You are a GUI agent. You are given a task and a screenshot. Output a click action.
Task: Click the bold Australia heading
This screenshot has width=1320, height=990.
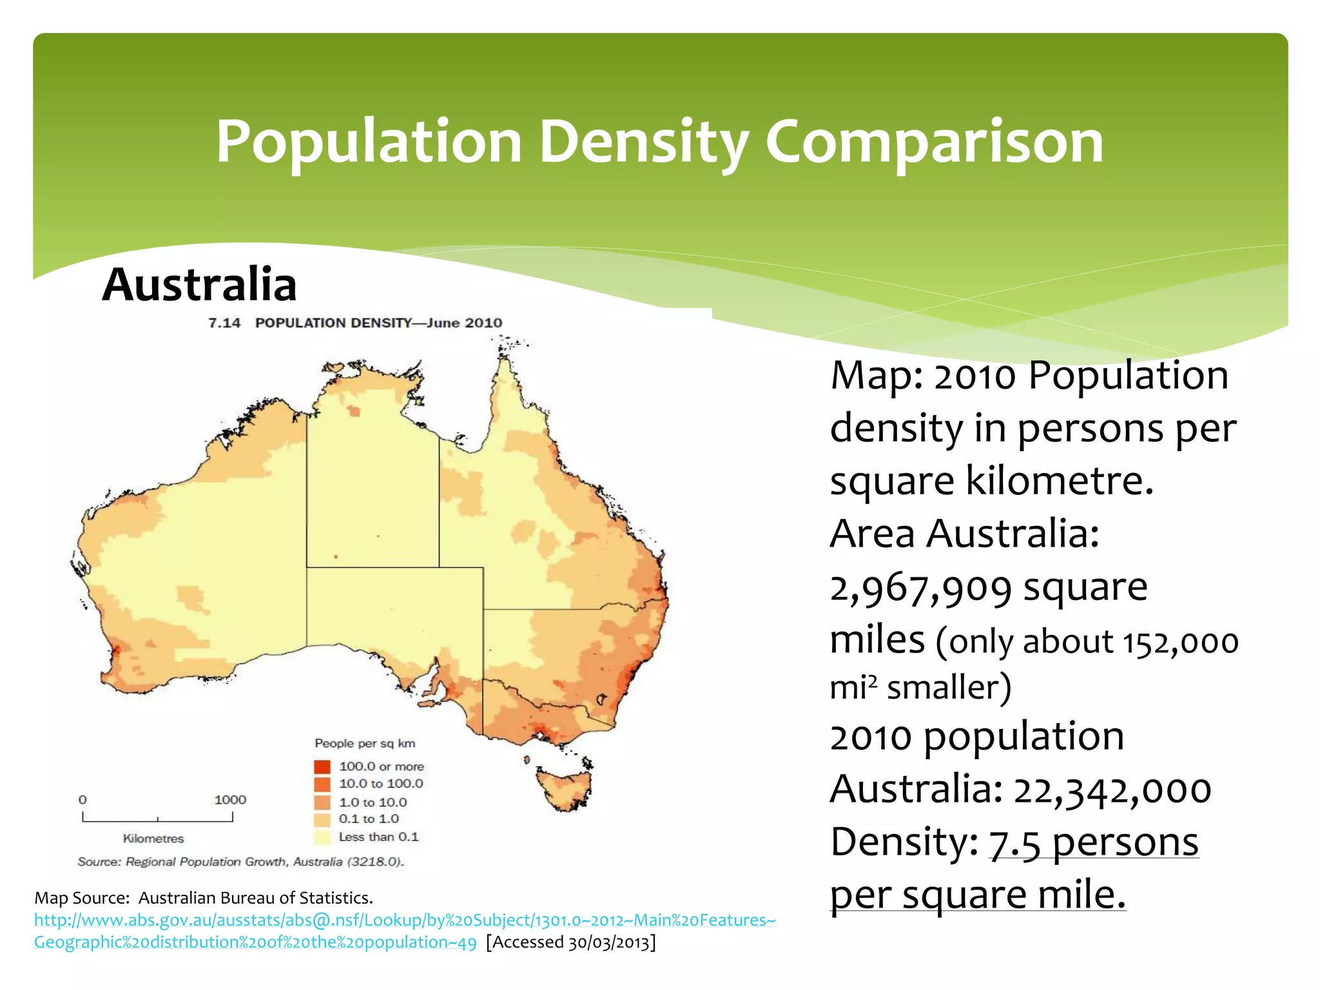click(x=199, y=284)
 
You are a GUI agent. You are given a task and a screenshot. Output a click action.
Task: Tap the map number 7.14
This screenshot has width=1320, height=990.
click(x=224, y=323)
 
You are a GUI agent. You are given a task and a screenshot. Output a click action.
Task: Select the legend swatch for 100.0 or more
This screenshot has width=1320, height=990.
click(x=322, y=766)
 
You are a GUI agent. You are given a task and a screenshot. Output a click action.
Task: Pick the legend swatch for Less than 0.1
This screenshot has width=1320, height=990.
click(x=322, y=837)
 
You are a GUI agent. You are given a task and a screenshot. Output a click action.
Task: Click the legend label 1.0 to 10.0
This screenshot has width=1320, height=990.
click(x=373, y=802)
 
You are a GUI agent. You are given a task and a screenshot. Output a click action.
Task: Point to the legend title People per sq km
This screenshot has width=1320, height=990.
click(x=365, y=743)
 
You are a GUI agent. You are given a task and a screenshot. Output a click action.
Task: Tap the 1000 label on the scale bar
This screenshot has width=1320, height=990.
click(x=230, y=800)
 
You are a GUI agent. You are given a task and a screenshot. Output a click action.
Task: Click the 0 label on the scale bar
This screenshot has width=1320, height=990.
click(x=82, y=800)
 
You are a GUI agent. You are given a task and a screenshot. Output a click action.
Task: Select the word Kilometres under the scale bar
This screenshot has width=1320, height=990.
click(x=153, y=839)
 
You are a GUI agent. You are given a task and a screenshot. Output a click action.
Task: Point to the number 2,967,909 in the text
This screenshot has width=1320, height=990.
click(x=920, y=589)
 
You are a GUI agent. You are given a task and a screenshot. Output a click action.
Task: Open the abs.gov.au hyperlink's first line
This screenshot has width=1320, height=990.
click(x=404, y=920)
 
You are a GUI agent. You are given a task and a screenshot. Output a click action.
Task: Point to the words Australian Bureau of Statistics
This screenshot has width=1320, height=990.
click(x=255, y=898)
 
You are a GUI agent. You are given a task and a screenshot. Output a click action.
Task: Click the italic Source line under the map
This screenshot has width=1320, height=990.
click(x=240, y=862)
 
